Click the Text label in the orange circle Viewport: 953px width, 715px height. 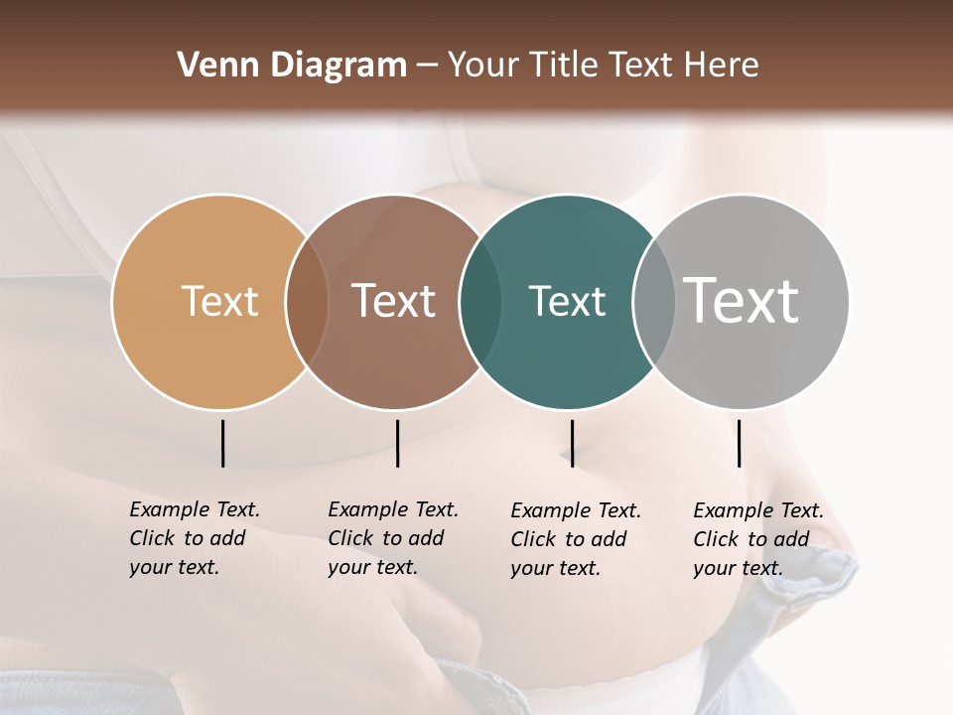pos(219,301)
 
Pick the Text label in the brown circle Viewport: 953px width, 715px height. pos(394,301)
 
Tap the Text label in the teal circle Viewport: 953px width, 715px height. pos(567,301)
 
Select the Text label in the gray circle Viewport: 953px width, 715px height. pos(742,301)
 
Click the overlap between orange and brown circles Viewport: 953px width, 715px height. pos(307,302)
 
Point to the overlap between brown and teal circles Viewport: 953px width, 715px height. pos(480,302)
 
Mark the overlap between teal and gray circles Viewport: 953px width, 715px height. pos(654,302)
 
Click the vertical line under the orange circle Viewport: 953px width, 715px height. pos(223,443)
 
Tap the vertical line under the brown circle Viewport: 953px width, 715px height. pos(397,443)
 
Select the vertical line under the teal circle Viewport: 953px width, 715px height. pos(572,443)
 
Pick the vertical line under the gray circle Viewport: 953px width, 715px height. pos(739,443)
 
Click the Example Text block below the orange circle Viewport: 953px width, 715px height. pos(195,538)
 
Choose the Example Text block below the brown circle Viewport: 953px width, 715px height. pos(393,538)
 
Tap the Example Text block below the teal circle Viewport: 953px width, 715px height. pos(576,539)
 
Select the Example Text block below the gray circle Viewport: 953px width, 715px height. pos(758,539)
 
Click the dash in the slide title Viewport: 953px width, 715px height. pos(427,67)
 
